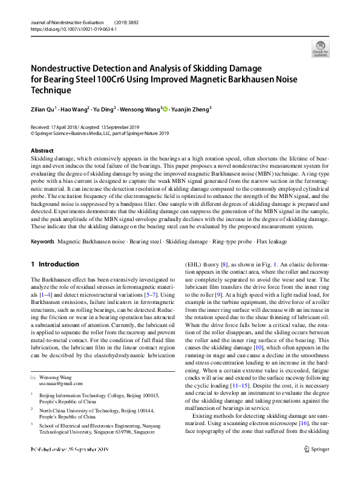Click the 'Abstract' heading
click(x=42, y=150)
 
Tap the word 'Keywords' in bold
click(x=42, y=241)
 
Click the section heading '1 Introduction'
click(x=55, y=264)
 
